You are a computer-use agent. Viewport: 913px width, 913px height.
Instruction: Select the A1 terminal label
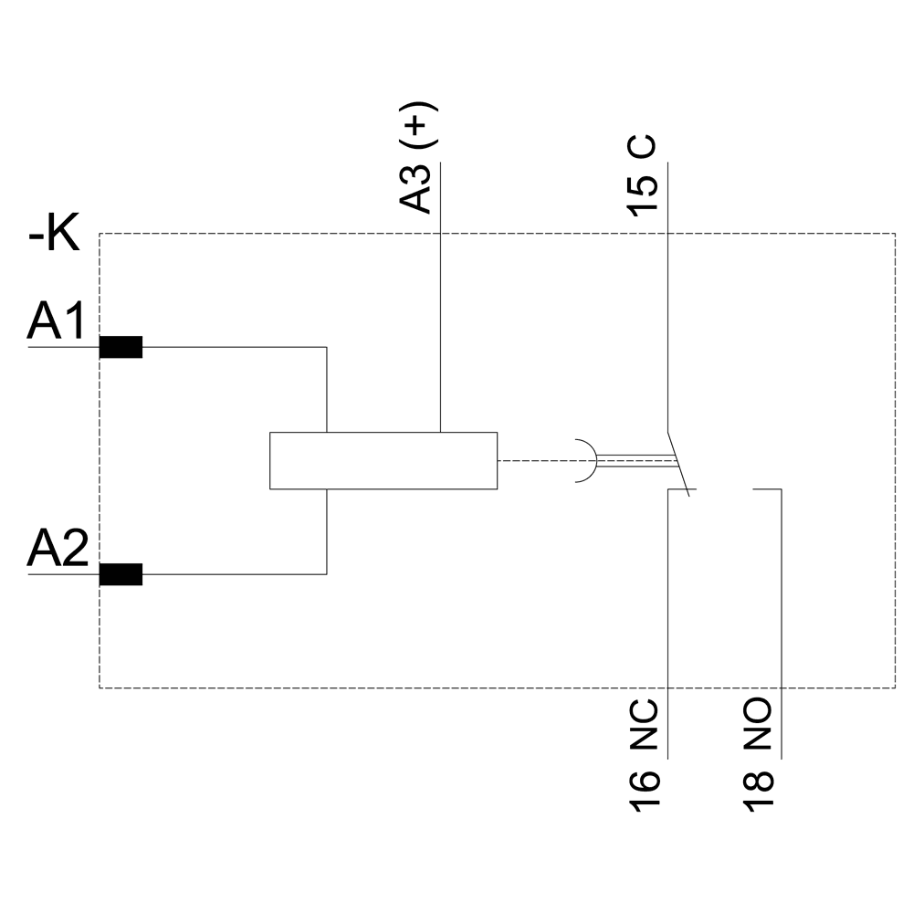[58, 322]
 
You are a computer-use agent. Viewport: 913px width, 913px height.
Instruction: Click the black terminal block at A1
[121, 348]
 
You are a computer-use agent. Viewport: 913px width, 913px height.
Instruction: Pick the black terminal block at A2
[121, 574]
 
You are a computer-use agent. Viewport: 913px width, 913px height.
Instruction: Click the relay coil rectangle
[383, 460]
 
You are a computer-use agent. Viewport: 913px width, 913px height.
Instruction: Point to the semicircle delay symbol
[587, 460]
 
